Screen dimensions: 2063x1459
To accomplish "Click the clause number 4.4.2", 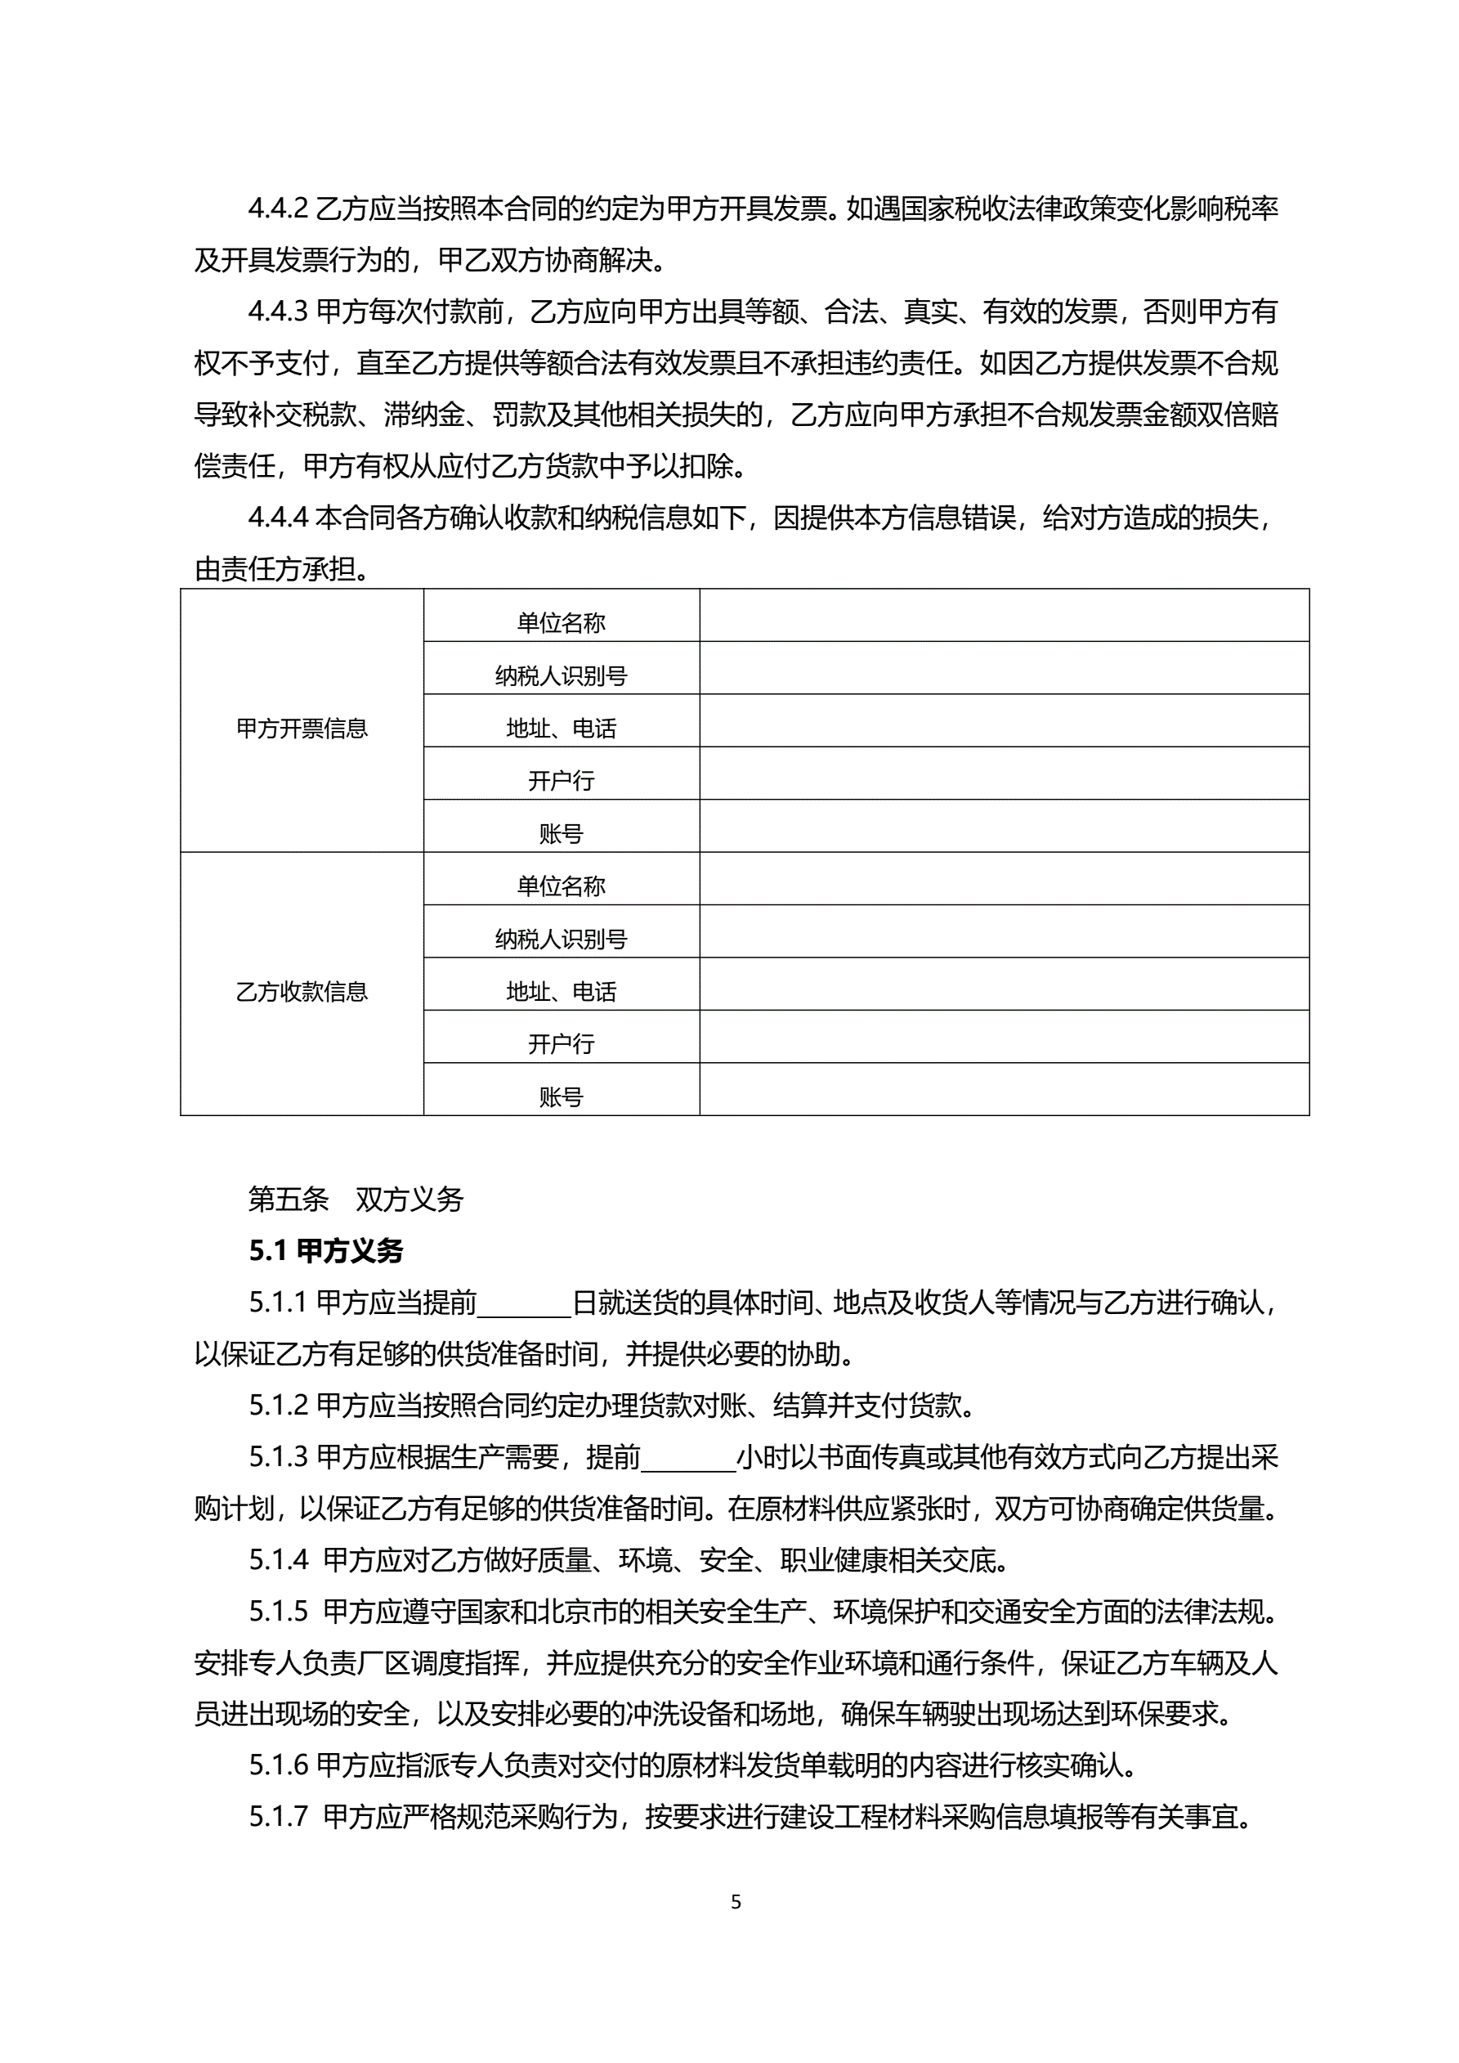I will [278, 209].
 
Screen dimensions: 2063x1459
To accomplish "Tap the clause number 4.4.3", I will [278, 312].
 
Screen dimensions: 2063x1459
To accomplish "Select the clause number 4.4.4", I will [278, 518].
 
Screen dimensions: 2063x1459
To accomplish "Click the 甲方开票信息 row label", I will [302, 728].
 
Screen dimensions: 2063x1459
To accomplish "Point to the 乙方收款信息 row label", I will [302, 991].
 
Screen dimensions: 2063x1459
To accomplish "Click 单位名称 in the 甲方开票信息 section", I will [561, 621].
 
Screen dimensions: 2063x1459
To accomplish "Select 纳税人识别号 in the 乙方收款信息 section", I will [561, 938].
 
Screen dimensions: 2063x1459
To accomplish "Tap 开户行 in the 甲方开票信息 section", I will [561, 780].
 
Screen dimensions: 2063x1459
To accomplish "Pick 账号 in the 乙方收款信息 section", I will [561, 1097].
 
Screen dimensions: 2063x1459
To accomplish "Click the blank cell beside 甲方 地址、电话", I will [1004, 720].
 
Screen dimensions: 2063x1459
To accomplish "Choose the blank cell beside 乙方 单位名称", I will [1004, 879].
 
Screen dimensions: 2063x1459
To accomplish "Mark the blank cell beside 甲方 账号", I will [1004, 826].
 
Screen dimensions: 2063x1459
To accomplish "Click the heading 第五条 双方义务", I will [355, 1200].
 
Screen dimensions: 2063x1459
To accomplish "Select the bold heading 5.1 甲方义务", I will [325, 1251].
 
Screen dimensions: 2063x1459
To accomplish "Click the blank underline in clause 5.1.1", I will [524, 1303].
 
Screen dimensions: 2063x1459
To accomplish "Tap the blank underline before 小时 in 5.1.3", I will [688, 1457].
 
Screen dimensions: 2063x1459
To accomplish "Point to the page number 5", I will [736, 1901].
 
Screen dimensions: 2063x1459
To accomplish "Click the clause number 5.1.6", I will [279, 1765].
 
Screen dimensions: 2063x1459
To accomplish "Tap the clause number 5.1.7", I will [279, 1817].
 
